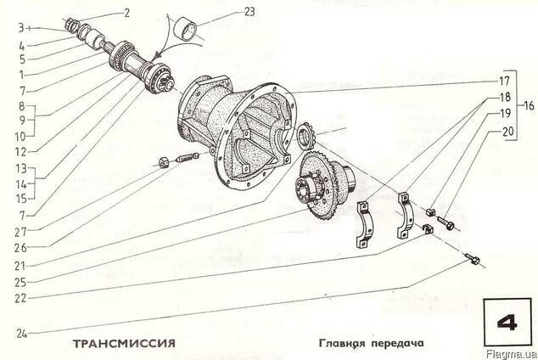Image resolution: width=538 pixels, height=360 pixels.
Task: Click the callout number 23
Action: [249, 12]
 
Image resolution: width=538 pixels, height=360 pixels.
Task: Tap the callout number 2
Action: [127, 13]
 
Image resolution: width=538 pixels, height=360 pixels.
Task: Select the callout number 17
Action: [504, 82]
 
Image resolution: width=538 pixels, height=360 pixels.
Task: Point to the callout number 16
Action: [529, 105]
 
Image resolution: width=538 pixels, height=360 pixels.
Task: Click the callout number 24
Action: [21, 333]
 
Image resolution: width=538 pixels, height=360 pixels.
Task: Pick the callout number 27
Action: [20, 233]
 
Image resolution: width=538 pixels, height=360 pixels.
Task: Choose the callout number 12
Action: [21, 152]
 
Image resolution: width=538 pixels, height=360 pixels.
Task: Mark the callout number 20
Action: [508, 132]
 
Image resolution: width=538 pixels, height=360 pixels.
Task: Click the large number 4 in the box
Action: [507, 323]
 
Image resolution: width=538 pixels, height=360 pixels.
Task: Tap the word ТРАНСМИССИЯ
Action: [124, 344]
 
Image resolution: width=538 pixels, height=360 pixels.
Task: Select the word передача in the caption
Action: [398, 344]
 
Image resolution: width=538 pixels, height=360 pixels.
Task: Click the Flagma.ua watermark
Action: [512, 355]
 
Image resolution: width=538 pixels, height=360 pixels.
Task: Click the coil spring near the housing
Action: [187, 157]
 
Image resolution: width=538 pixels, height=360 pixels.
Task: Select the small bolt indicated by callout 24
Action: [472, 259]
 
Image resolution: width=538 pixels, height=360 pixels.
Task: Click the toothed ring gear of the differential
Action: [321, 186]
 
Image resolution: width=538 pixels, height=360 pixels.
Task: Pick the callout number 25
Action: [20, 283]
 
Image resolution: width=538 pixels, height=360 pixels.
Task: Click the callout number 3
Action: [21, 28]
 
